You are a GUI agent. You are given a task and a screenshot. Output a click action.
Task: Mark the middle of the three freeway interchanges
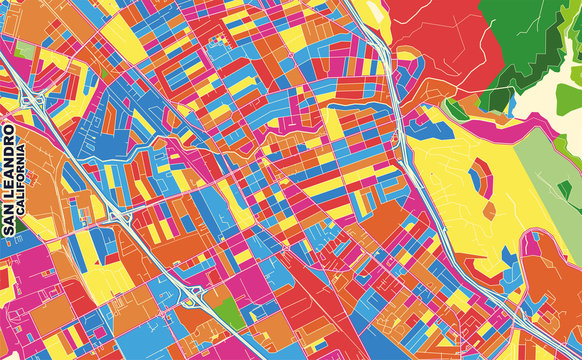[x=119, y=215]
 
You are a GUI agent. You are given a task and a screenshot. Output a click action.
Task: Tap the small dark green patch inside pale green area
[x=565, y=189]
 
